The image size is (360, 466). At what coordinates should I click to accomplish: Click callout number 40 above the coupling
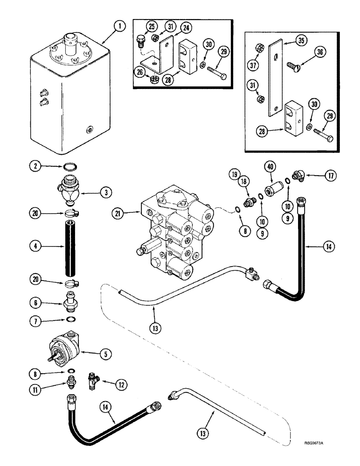(x=270, y=166)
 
